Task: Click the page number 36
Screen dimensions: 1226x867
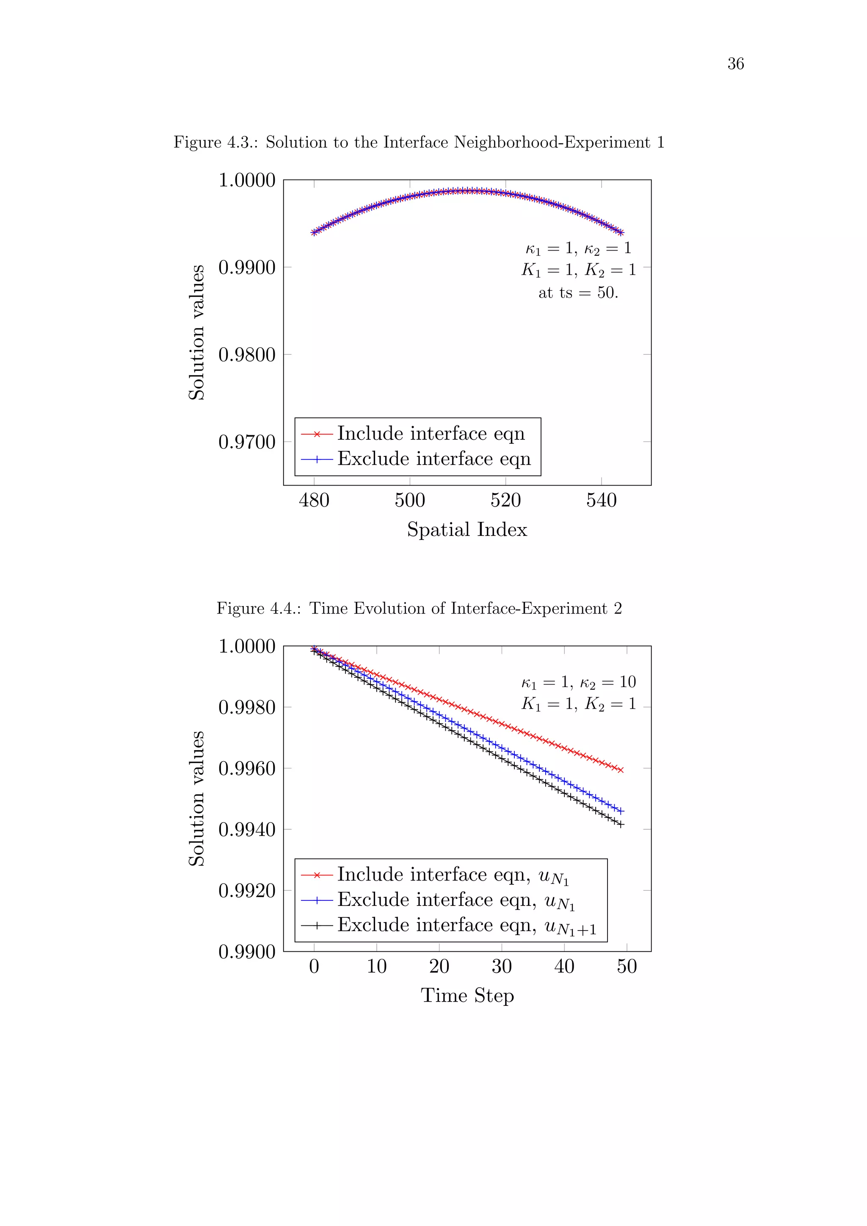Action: tap(735, 64)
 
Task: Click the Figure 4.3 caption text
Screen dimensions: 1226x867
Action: tap(419, 142)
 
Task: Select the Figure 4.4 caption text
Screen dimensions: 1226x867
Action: tap(419, 608)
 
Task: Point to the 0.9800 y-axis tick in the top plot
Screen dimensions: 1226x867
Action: tap(247, 355)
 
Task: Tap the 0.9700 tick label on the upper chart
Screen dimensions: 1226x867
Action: tap(247, 442)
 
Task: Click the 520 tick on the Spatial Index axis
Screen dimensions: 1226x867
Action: tap(505, 500)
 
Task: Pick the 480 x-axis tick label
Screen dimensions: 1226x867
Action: tap(314, 500)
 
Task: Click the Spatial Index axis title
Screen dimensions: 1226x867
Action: tap(467, 530)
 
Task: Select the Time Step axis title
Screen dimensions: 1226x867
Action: tap(467, 995)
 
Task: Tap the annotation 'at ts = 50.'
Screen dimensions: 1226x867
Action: tap(578, 293)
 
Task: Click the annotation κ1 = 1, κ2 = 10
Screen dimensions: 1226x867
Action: tap(578, 682)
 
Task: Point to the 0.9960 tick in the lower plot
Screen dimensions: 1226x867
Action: tap(247, 768)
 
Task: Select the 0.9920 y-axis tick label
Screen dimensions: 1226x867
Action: tap(247, 891)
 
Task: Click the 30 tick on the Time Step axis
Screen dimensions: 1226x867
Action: tap(501, 966)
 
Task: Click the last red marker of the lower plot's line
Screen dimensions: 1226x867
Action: tap(620, 770)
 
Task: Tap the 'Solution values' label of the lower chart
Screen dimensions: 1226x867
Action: tap(197, 798)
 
